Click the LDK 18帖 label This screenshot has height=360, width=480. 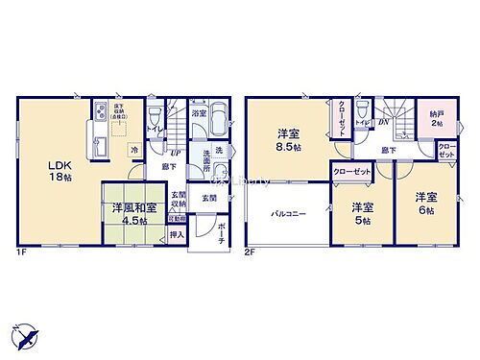tap(59, 169)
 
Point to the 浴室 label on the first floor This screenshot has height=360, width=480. tap(197, 113)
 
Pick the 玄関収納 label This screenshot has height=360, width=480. tap(180, 199)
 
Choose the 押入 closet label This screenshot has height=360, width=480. tap(176, 233)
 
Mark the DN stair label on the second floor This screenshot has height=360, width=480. tap(383, 122)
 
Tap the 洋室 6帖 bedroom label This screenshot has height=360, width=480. tap(426, 203)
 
